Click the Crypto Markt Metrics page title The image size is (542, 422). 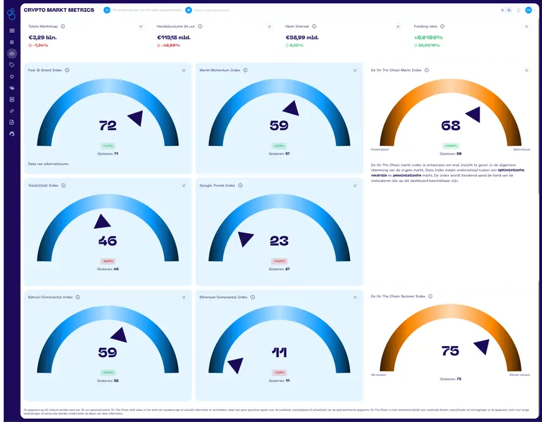[x=59, y=10]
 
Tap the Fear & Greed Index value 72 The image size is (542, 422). [x=108, y=126]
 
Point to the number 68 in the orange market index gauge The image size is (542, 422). [x=450, y=126]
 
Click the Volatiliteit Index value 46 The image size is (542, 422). [x=108, y=241]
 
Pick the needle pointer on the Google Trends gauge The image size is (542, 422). [x=245, y=238]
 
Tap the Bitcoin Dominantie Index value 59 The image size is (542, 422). [x=108, y=352]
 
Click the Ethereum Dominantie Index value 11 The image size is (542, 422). [x=279, y=352]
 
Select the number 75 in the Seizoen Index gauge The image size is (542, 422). [x=450, y=351]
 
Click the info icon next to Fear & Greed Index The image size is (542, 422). [x=67, y=70]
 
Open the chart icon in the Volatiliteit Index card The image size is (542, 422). [x=184, y=185]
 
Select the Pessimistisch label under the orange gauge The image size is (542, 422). [x=379, y=150]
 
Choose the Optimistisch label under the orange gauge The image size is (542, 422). [x=522, y=150]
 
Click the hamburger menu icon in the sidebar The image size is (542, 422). [x=12, y=31]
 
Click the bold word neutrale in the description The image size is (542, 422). [x=379, y=175]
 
